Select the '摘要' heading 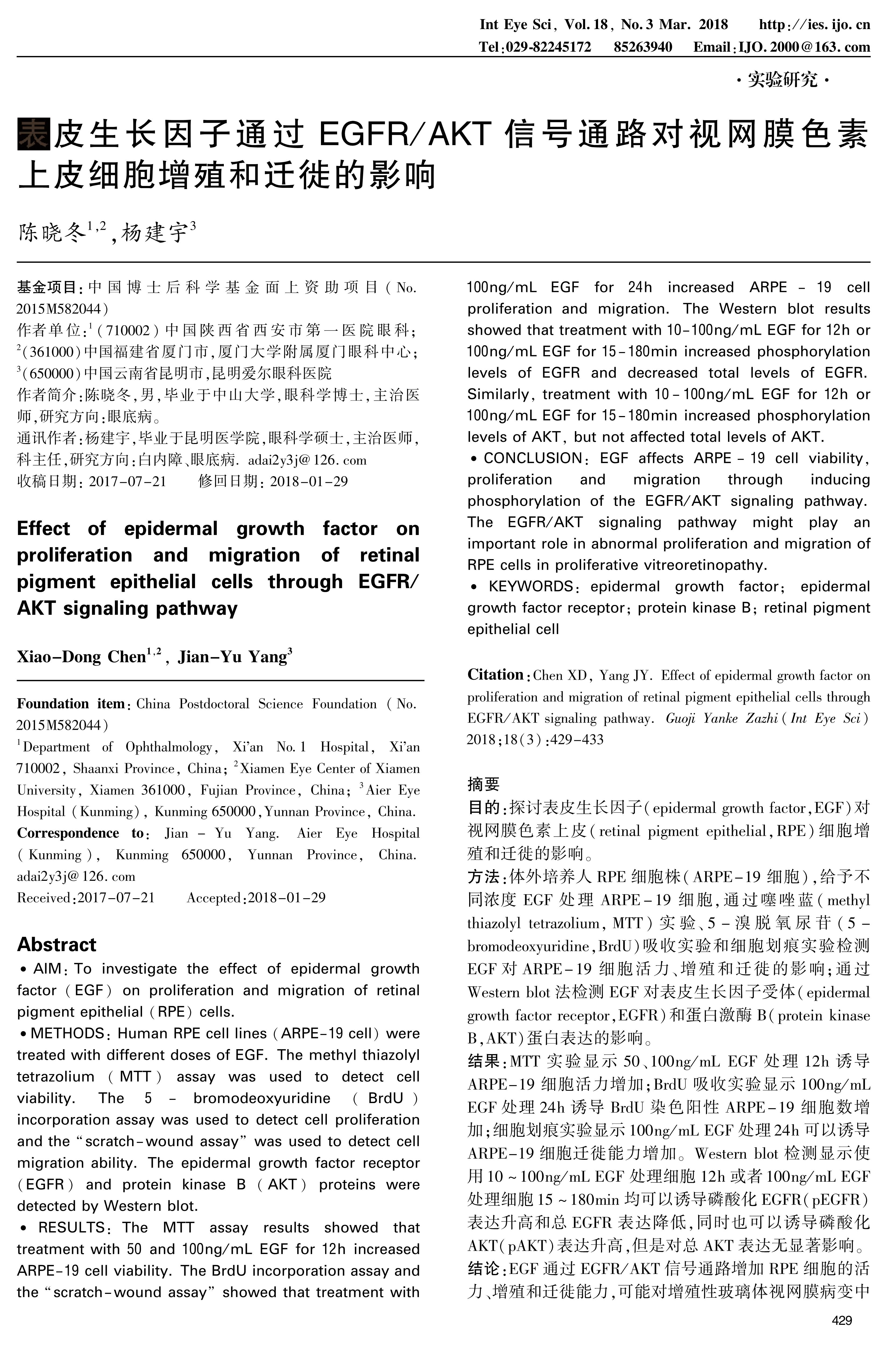[484, 784]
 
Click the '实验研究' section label [782, 80]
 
